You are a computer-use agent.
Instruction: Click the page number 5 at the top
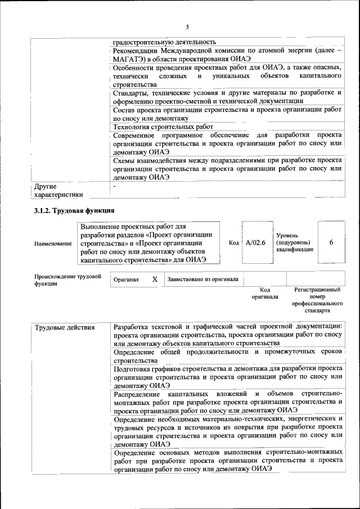point(187,28)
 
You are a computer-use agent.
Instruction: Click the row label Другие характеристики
point(58,190)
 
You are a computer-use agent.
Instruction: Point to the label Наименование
point(53,243)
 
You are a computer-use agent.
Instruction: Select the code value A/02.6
point(255,242)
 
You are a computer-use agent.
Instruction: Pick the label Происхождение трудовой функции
point(67,280)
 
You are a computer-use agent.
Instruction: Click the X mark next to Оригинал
point(155,279)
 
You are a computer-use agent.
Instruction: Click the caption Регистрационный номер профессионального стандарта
point(317,300)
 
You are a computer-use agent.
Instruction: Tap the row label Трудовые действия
point(64,327)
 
